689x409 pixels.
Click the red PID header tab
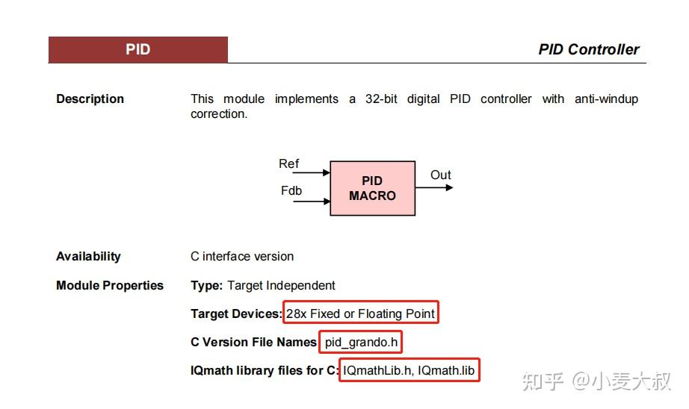pos(138,50)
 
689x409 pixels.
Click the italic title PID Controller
pos(588,50)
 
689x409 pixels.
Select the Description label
pos(90,99)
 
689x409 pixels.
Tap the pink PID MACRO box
pos(372,188)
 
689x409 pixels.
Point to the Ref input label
pos(288,163)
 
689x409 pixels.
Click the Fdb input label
pos(291,190)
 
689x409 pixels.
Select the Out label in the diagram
pos(440,175)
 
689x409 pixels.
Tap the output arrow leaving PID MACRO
pos(434,187)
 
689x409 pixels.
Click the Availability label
pos(88,256)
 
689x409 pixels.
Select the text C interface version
pos(241,256)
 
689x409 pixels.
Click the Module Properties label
pos(109,285)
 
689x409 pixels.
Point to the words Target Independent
pos(281,285)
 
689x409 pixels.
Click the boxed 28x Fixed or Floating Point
pos(360,313)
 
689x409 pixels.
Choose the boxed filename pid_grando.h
pos(361,342)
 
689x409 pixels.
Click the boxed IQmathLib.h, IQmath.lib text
pos(409,370)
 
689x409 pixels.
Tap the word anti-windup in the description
pos(606,99)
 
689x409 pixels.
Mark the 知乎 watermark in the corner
pos(543,381)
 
